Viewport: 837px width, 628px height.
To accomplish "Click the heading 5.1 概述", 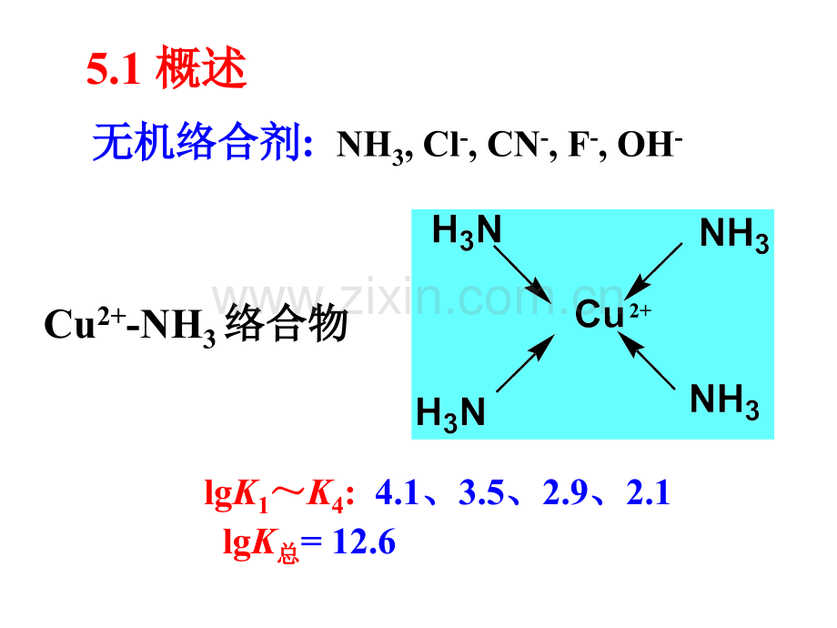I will [x=166, y=70].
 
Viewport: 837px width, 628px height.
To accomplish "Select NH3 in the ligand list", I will [x=369, y=145].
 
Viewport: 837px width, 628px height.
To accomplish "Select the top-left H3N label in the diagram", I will [x=466, y=231].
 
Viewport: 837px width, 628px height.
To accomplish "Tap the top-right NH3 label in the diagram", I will [x=734, y=236].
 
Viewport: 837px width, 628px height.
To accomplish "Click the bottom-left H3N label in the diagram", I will [x=450, y=412].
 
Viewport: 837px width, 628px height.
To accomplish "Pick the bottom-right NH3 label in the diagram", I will [x=724, y=400].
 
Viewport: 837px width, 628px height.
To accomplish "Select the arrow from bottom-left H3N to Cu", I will [x=526, y=363].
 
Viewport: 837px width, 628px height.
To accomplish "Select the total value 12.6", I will [x=365, y=542].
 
